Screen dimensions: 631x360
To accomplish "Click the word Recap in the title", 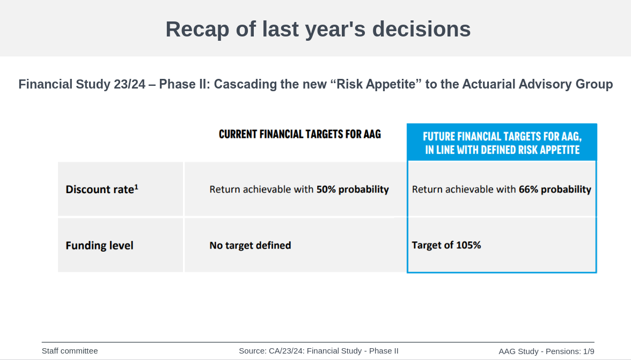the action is tap(197, 30).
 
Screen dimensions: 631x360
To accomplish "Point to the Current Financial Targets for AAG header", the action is tap(300, 134).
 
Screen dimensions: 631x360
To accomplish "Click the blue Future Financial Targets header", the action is tap(502, 143).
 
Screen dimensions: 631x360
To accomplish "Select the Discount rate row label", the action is tap(102, 189).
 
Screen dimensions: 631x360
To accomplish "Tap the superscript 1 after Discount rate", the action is tap(136, 187).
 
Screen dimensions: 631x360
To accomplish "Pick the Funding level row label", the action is tap(99, 245).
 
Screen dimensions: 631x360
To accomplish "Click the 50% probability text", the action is tap(353, 189).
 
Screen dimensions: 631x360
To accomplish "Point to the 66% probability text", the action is tap(555, 189).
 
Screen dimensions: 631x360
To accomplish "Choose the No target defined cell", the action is tap(250, 245).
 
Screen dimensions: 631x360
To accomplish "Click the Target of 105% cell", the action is tap(446, 245).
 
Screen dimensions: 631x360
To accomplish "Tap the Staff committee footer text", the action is tap(70, 351).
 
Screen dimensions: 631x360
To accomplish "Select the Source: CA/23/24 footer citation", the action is tap(319, 351).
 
